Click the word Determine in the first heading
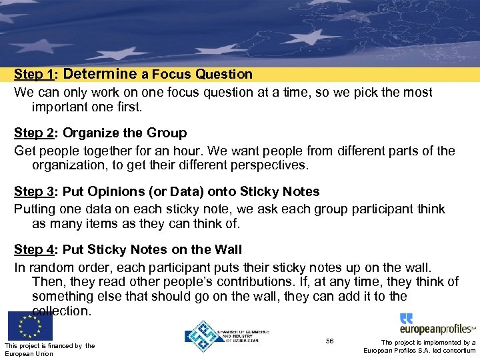(100, 74)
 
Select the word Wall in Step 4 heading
(227, 250)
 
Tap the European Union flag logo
(30, 326)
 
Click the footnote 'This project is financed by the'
(49, 345)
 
